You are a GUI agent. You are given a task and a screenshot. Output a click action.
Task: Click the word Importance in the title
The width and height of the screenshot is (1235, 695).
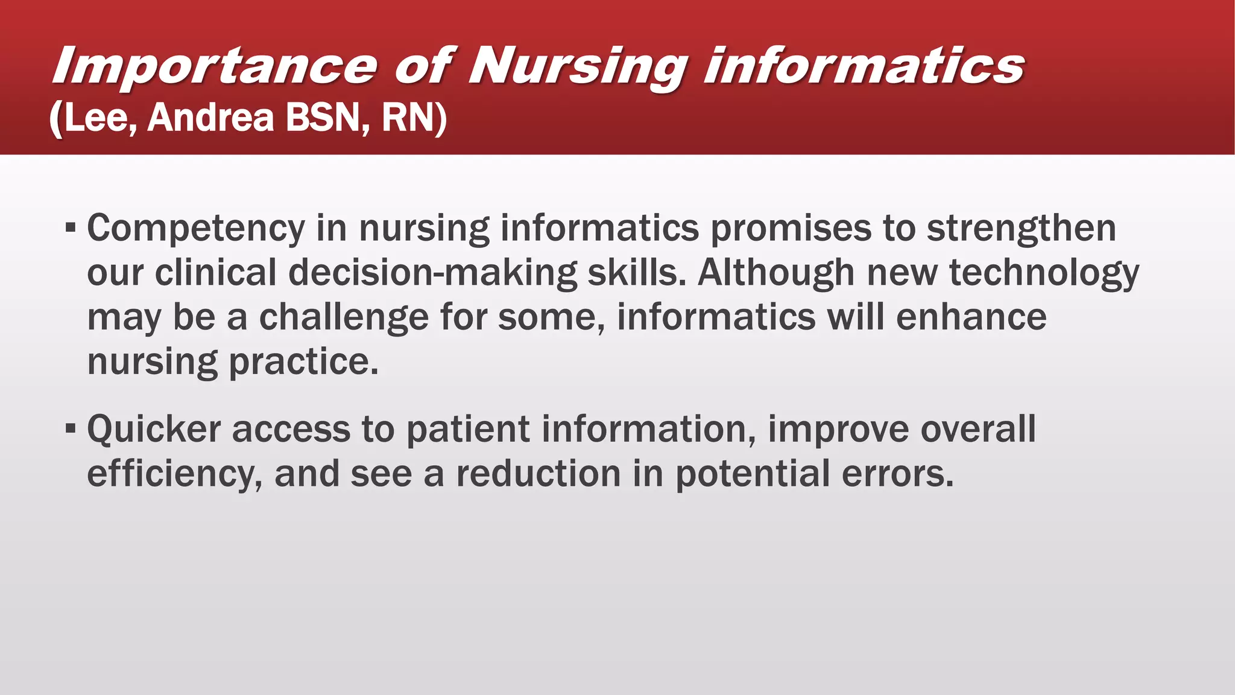point(215,66)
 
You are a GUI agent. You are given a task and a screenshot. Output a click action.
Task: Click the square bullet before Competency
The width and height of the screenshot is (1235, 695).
point(71,229)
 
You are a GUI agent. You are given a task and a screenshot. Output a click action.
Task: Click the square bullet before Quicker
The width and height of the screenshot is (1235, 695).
point(71,430)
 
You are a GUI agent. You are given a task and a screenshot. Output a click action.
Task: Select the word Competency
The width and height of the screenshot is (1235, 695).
point(196,229)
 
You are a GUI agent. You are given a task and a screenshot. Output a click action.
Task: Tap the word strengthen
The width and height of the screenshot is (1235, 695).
point(1021,229)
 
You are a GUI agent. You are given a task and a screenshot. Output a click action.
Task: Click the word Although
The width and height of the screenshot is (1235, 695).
point(776,272)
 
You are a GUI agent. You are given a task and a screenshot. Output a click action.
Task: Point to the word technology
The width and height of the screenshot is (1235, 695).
point(1044,273)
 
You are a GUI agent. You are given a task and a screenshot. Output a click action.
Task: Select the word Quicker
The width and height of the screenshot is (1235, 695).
point(154,430)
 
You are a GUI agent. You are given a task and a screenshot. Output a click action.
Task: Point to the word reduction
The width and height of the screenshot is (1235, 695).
point(538,474)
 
